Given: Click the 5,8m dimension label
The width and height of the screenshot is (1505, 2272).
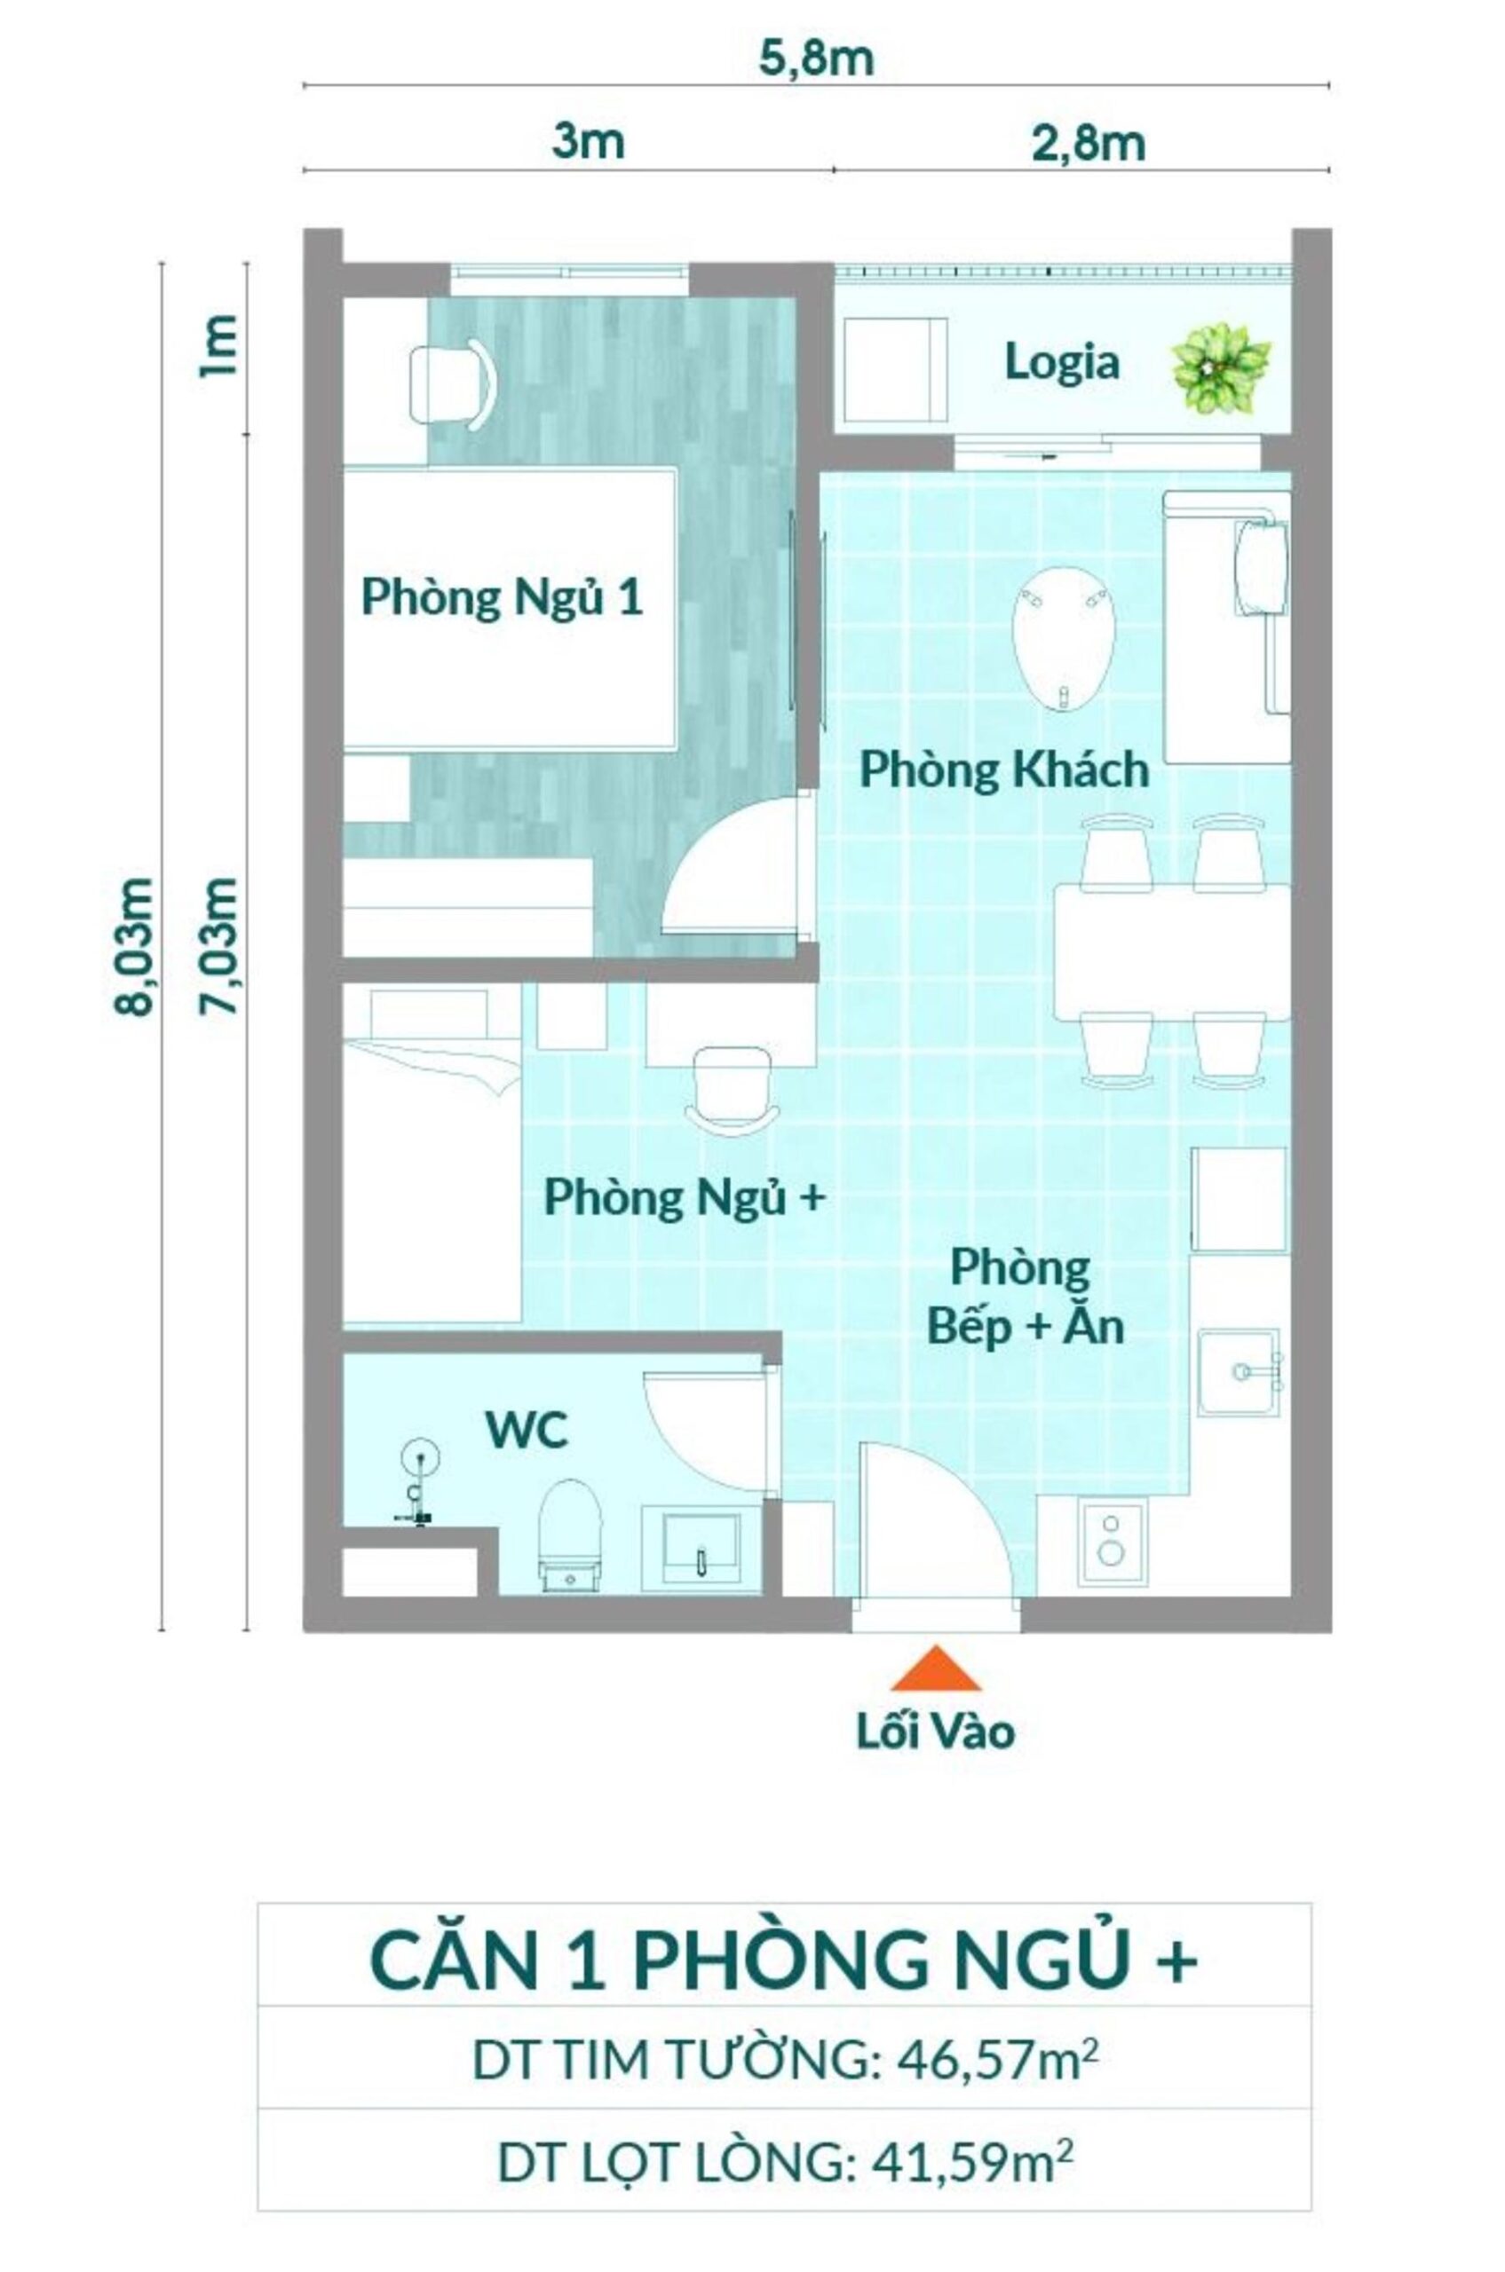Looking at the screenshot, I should coord(817,59).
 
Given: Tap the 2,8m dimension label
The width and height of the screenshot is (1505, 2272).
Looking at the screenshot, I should coord(1089,144).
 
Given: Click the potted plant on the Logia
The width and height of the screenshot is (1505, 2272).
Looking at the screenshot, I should coord(1221,368).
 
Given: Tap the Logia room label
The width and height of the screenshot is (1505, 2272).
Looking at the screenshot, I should coord(1062,364).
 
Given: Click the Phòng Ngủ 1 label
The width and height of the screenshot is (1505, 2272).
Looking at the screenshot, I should coord(501,599).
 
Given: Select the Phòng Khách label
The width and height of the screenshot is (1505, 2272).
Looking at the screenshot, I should coord(1003,770).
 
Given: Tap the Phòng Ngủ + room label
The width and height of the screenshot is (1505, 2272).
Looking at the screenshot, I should coord(684,1198).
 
